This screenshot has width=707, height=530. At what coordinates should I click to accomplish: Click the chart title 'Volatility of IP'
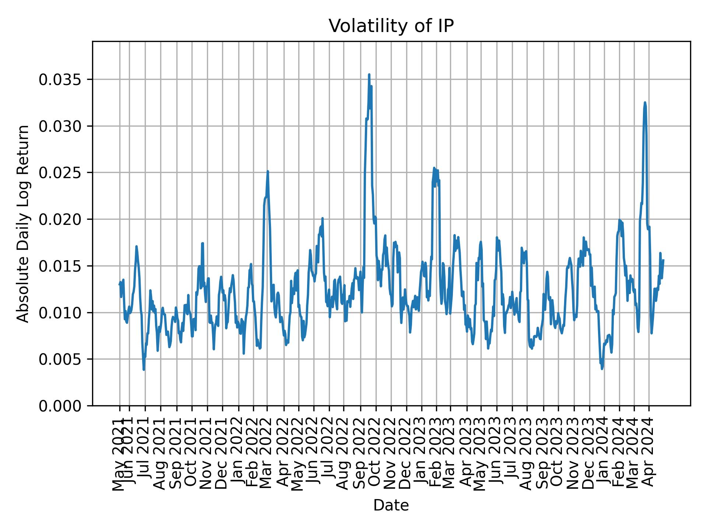click(x=391, y=26)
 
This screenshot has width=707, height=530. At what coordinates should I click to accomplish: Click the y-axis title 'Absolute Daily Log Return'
click(x=24, y=224)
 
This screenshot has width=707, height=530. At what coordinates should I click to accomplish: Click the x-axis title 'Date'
click(x=391, y=505)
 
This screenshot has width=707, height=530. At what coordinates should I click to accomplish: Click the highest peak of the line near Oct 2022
click(x=369, y=75)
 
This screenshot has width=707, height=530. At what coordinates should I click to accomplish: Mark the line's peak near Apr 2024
click(x=645, y=103)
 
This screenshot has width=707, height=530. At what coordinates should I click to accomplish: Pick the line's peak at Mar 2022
click(x=268, y=171)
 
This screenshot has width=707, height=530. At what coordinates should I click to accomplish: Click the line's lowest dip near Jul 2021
click(x=144, y=370)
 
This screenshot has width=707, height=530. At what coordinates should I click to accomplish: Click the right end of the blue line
click(x=663, y=260)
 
